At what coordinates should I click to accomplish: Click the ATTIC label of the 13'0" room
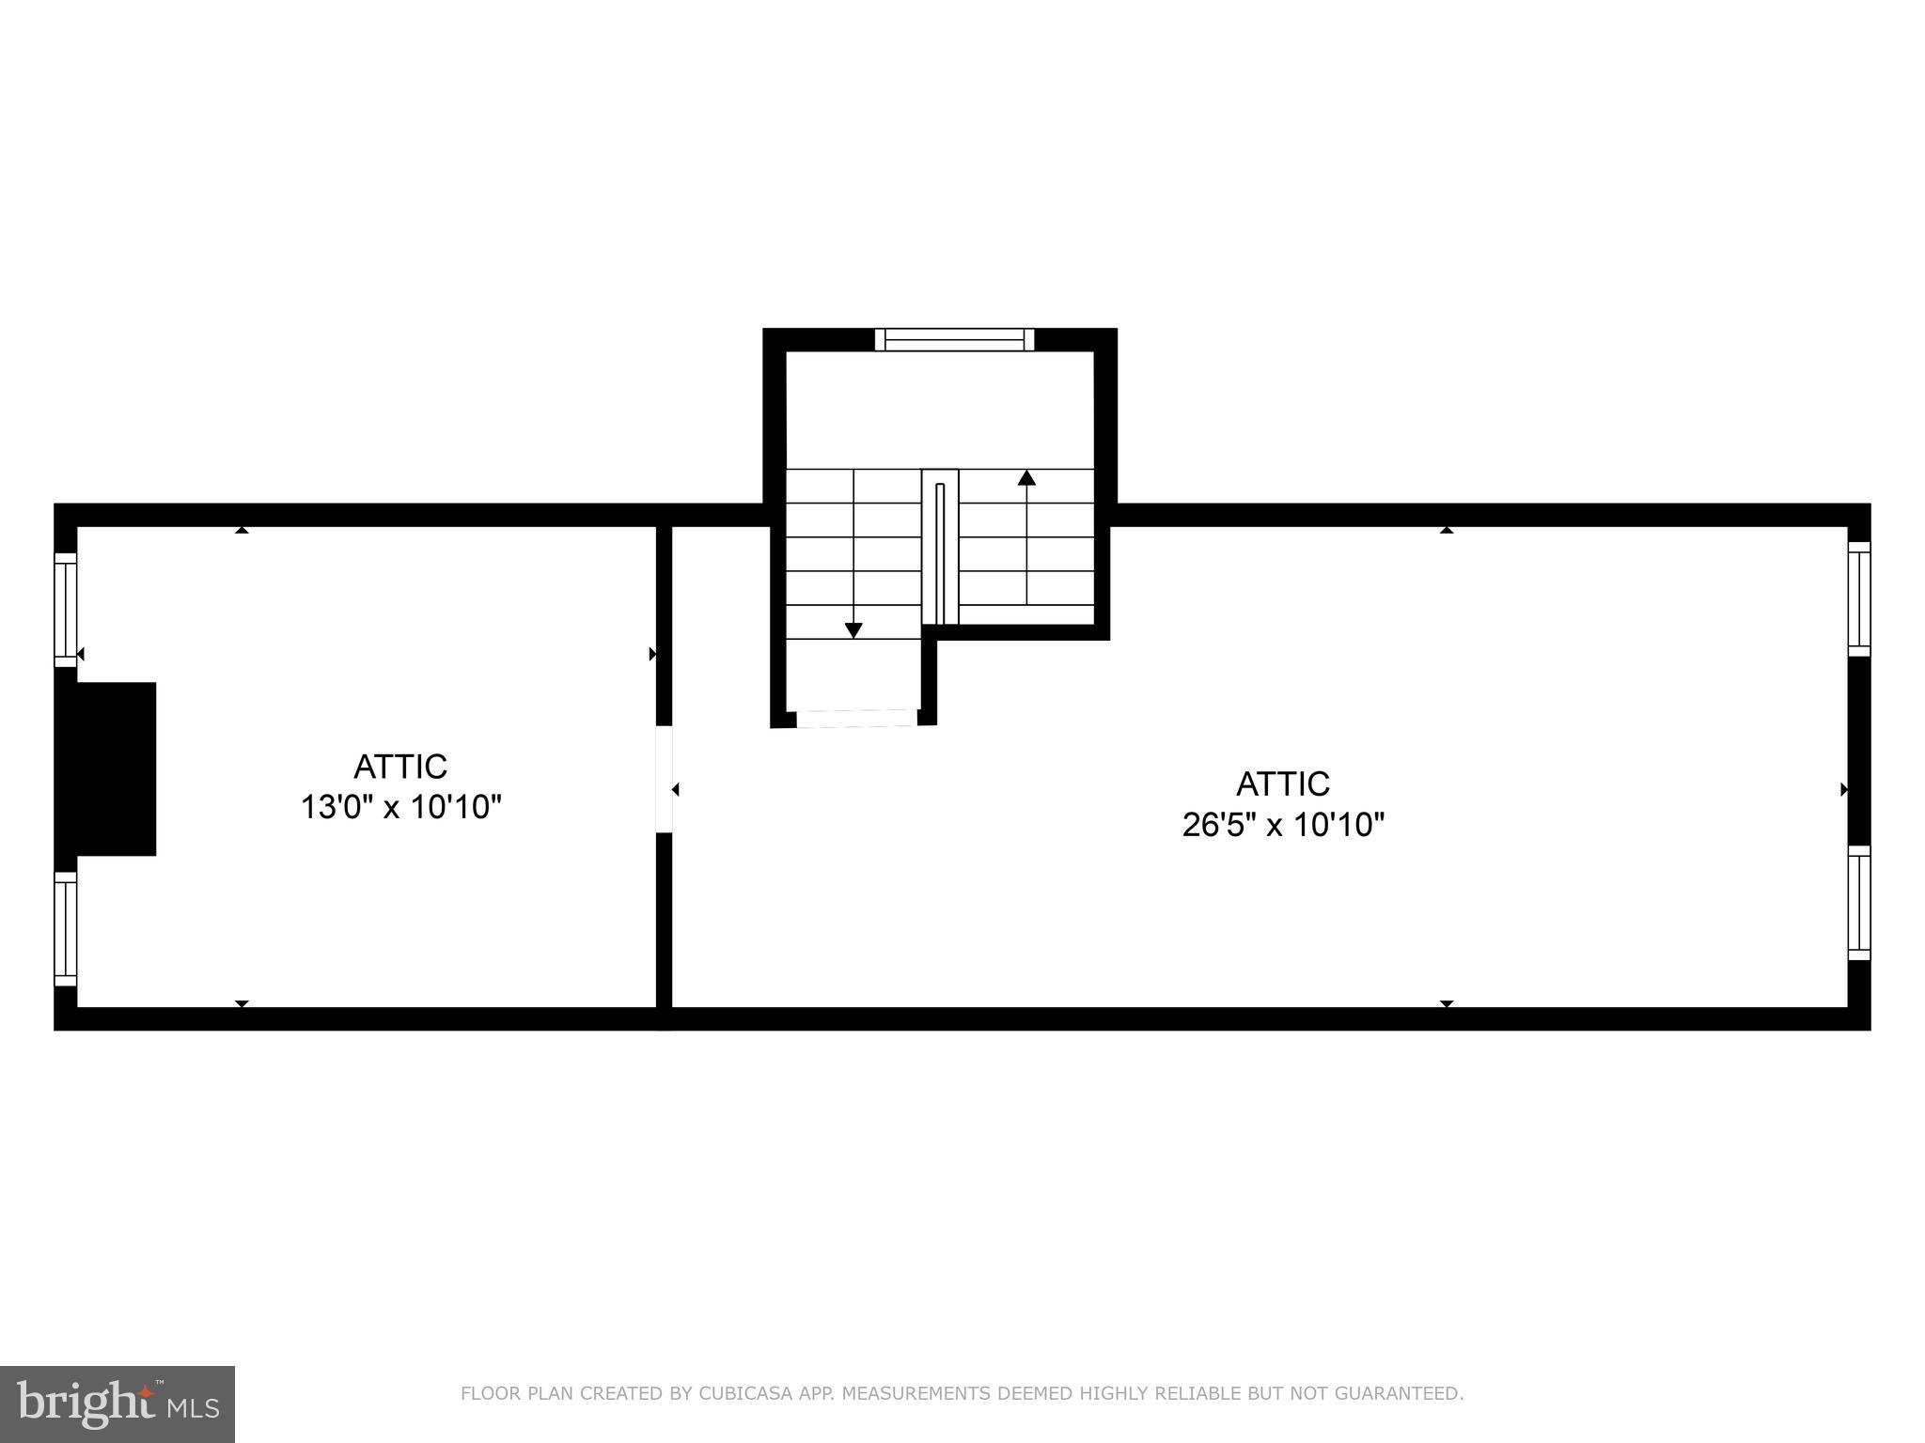pos(400,767)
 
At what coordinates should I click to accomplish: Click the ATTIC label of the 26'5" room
pos(1282,784)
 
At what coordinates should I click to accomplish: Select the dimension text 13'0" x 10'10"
pos(400,807)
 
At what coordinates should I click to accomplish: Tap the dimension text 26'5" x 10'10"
pos(1283,825)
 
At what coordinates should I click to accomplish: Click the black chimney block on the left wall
pos(106,768)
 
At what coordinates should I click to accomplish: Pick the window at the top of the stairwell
pos(954,339)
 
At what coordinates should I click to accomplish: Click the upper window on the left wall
pos(65,610)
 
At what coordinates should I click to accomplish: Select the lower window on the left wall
pos(65,928)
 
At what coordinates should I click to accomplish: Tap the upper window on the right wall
pos(1858,598)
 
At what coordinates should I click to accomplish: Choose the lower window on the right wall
pos(1858,903)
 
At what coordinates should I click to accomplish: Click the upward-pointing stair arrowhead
pos(1026,478)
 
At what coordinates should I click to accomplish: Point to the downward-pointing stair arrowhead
pos(853,630)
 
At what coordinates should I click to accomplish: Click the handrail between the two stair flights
pos(940,548)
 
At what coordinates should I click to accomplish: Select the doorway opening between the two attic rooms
pos(664,779)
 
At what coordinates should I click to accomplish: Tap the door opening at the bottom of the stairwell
pos(856,719)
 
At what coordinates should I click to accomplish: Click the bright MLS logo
pos(117,1404)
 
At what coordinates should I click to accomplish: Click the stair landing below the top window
pos(940,410)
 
